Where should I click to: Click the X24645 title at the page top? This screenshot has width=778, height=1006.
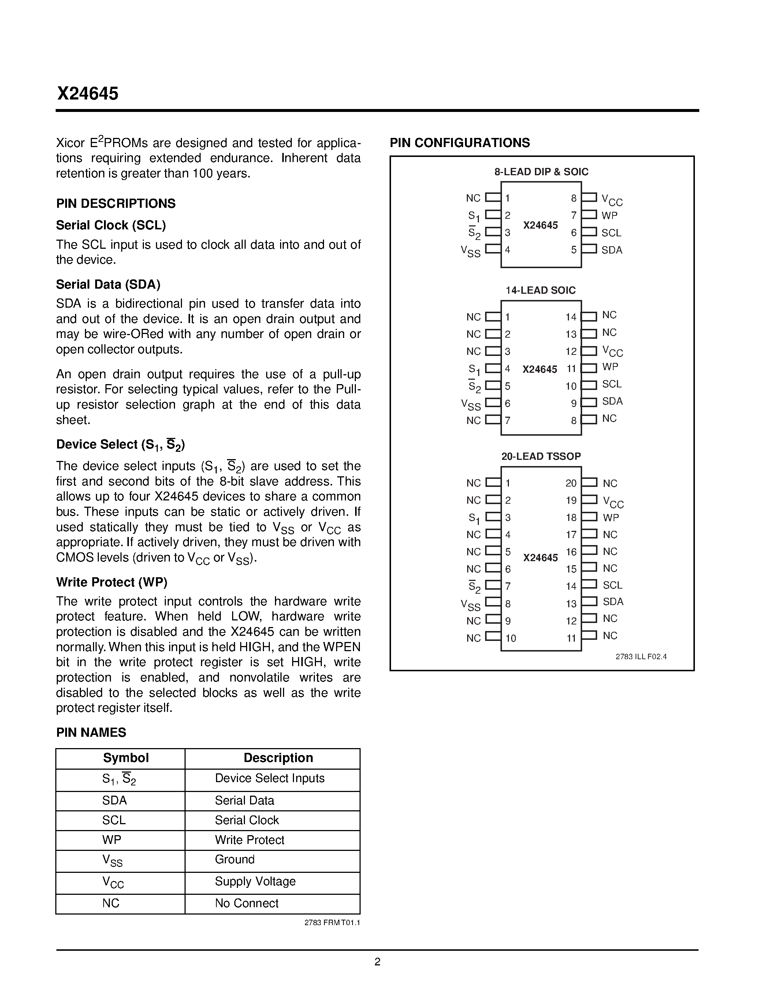pos(88,94)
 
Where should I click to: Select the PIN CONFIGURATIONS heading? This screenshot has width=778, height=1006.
pos(459,143)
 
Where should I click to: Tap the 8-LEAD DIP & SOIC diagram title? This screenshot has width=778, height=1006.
pos(541,172)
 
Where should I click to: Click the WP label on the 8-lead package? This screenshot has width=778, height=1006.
pos(609,215)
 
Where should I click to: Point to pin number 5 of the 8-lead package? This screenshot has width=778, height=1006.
pos(573,249)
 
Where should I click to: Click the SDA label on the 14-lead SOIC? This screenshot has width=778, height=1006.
pos(612,401)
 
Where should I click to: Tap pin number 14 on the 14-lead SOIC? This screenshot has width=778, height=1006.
pos(571,317)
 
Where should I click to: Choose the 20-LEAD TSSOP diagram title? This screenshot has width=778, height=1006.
pos(541,456)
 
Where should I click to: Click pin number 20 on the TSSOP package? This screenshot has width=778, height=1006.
pos(571,483)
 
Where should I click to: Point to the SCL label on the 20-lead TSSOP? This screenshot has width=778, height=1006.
pos(612,585)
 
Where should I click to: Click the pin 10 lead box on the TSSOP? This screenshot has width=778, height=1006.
pos(493,636)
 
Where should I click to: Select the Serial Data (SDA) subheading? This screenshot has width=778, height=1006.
pos(108,285)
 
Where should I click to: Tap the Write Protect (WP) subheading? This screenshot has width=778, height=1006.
pos(112,582)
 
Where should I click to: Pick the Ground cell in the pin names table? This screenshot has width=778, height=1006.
pos(234,859)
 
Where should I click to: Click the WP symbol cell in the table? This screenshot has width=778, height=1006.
pos(112,839)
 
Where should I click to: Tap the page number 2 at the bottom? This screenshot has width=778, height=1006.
pos(377,961)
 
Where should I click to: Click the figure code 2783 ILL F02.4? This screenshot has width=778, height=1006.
pos(641,656)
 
